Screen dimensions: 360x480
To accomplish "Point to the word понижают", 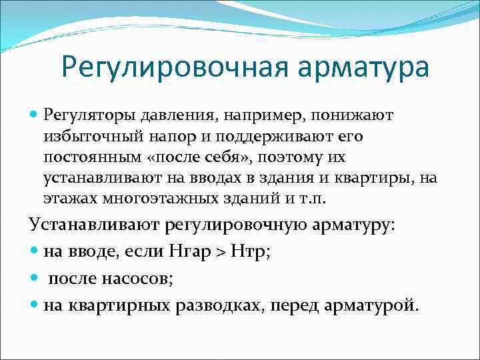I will point(357,116).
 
